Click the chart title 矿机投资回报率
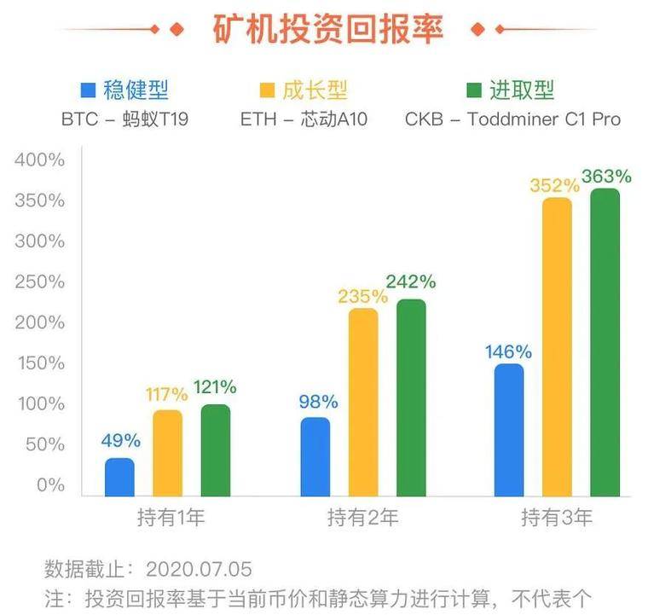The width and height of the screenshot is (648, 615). pos(327,28)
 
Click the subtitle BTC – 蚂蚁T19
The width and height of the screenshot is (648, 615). pos(124,119)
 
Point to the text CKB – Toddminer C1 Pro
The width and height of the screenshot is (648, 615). pos(512,119)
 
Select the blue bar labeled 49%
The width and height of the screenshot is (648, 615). pos(119,477)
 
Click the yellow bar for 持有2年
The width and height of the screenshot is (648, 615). pos(363,402)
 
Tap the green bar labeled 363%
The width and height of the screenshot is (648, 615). pos(605,342)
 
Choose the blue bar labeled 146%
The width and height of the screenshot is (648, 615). pos(509,430)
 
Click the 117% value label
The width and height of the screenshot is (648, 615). pos(166,394)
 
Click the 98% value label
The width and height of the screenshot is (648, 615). pos(317,402)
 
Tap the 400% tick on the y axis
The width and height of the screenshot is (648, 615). pos(39,160)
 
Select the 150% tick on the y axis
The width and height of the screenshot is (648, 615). pos(39,363)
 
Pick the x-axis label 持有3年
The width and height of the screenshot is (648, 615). pos(556,518)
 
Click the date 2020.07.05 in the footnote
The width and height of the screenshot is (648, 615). pos(199,568)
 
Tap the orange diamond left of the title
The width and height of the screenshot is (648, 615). pos(176,29)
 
